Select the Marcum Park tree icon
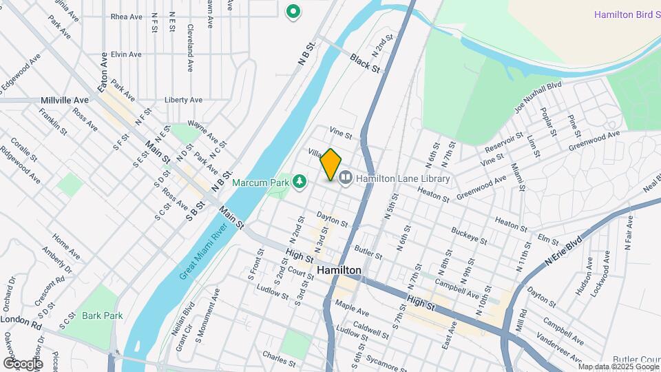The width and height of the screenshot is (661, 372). coord(300,181)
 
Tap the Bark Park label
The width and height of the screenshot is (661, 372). coord(102,316)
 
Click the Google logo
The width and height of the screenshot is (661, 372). coord(23,363)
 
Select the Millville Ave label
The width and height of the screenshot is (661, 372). coord(65,100)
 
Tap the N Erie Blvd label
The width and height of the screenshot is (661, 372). coord(563,254)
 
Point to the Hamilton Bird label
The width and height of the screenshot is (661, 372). coord(627,15)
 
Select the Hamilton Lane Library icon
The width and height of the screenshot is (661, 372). coord(345,178)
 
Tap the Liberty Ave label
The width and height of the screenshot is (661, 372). coord(183,100)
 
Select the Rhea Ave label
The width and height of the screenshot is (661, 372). coord(126,17)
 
